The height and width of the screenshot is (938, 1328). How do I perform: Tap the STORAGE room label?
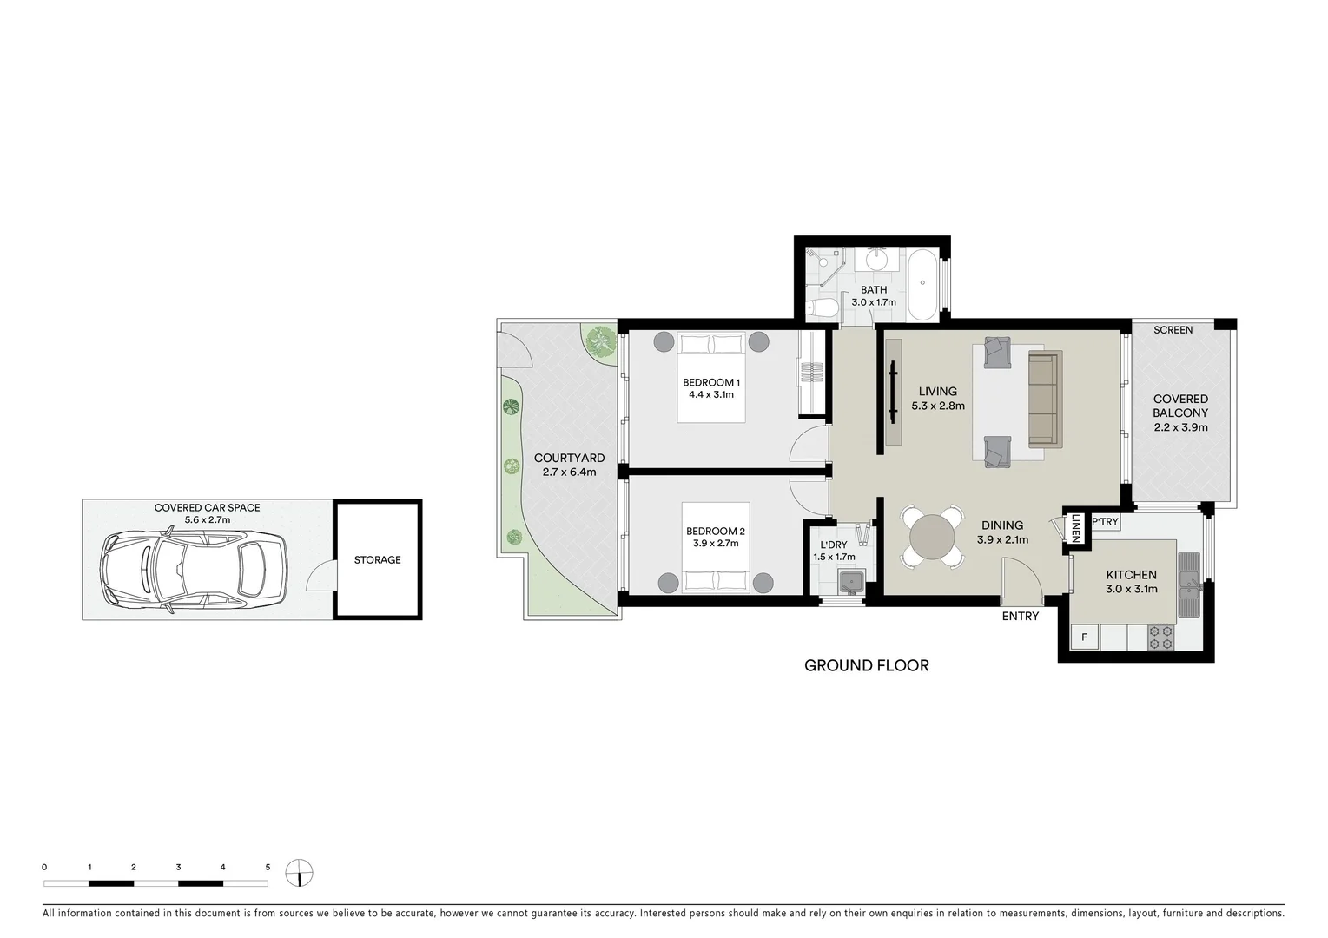(x=377, y=560)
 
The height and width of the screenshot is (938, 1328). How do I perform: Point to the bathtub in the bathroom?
(x=922, y=284)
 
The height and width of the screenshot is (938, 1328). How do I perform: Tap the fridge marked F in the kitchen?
(x=1084, y=638)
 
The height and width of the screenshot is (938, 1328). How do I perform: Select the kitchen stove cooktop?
(x=1161, y=638)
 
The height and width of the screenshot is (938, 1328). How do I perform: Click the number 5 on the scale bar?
(x=268, y=867)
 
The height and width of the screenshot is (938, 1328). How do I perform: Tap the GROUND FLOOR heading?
(x=866, y=666)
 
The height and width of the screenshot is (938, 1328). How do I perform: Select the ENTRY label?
(x=1020, y=617)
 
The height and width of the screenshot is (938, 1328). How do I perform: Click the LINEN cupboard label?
(x=1075, y=528)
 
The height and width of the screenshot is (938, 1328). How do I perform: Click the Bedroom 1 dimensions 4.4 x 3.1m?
(x=711, y=394)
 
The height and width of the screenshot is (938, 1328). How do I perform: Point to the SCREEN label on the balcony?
(x=1173, y=330)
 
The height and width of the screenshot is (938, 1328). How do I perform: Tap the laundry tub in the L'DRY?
(x=850, y=581)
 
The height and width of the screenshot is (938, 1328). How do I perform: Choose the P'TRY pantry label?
(x=1105, y=522)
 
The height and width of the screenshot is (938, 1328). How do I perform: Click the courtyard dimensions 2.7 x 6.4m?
(x=569, y=472)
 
